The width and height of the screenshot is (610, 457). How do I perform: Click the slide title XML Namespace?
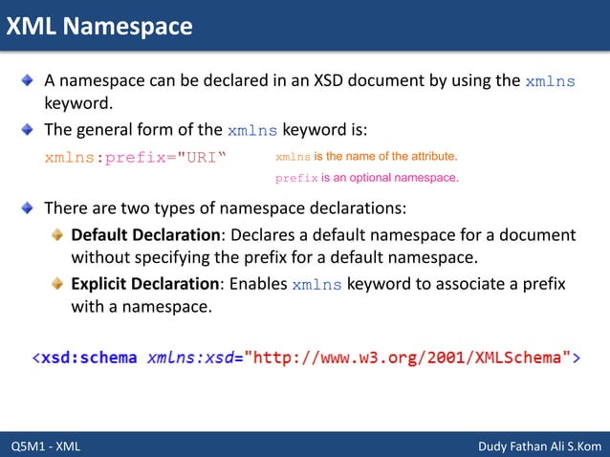[99, 26]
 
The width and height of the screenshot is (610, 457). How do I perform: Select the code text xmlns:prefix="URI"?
[136, 156]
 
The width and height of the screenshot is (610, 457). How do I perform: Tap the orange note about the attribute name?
[366, 156]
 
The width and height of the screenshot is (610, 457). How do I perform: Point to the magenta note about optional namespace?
[367, 177]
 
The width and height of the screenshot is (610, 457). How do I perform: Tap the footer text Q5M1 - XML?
[46, 446]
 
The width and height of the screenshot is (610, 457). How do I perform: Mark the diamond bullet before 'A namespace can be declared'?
[29, 80]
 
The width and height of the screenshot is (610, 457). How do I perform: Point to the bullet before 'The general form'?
[29, 129]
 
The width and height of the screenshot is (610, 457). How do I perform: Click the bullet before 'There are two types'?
[29, 207]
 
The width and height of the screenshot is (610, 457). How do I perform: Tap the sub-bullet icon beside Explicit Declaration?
[59, 284]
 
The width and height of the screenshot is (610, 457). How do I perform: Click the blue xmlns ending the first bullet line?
[550, 81]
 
